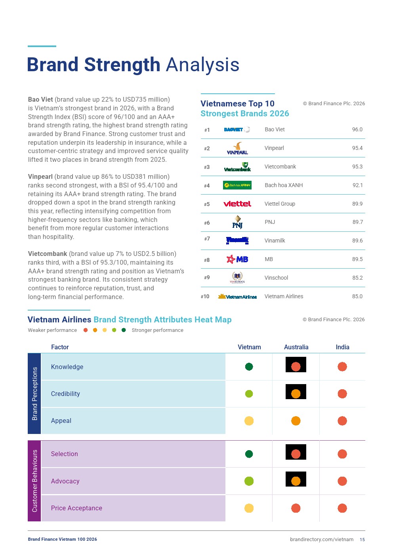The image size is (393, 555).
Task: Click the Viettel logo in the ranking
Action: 237,204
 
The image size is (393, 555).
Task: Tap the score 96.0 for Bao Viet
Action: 357,129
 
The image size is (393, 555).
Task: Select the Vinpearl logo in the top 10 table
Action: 237,148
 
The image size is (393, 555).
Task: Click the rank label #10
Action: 205,296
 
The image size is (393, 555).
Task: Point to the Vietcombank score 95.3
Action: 357,167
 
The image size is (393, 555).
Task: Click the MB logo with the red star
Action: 237,259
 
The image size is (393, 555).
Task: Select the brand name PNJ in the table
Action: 270,222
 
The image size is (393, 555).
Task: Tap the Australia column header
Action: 296,347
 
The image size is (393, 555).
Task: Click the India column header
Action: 342,347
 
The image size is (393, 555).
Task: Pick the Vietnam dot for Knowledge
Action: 249,366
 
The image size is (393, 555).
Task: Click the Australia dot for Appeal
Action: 296,421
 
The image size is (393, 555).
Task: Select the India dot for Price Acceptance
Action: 342,508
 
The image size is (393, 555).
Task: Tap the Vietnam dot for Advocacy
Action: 249,481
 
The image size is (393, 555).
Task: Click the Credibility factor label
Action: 65,394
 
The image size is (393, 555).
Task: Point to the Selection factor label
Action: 64,454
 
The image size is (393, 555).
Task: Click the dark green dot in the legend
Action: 124,330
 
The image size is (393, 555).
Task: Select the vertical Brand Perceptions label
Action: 34,394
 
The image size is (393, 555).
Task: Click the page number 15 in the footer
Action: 362,540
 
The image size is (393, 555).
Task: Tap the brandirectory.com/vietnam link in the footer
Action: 322,540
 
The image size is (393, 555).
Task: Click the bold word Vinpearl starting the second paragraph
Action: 40,177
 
